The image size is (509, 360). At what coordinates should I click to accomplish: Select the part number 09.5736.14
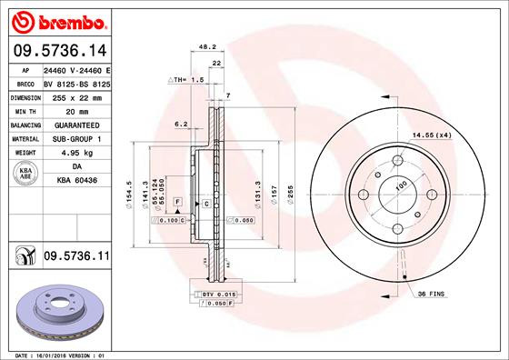tap(58, 51)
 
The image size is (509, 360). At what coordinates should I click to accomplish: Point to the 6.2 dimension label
tap(180, 124)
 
